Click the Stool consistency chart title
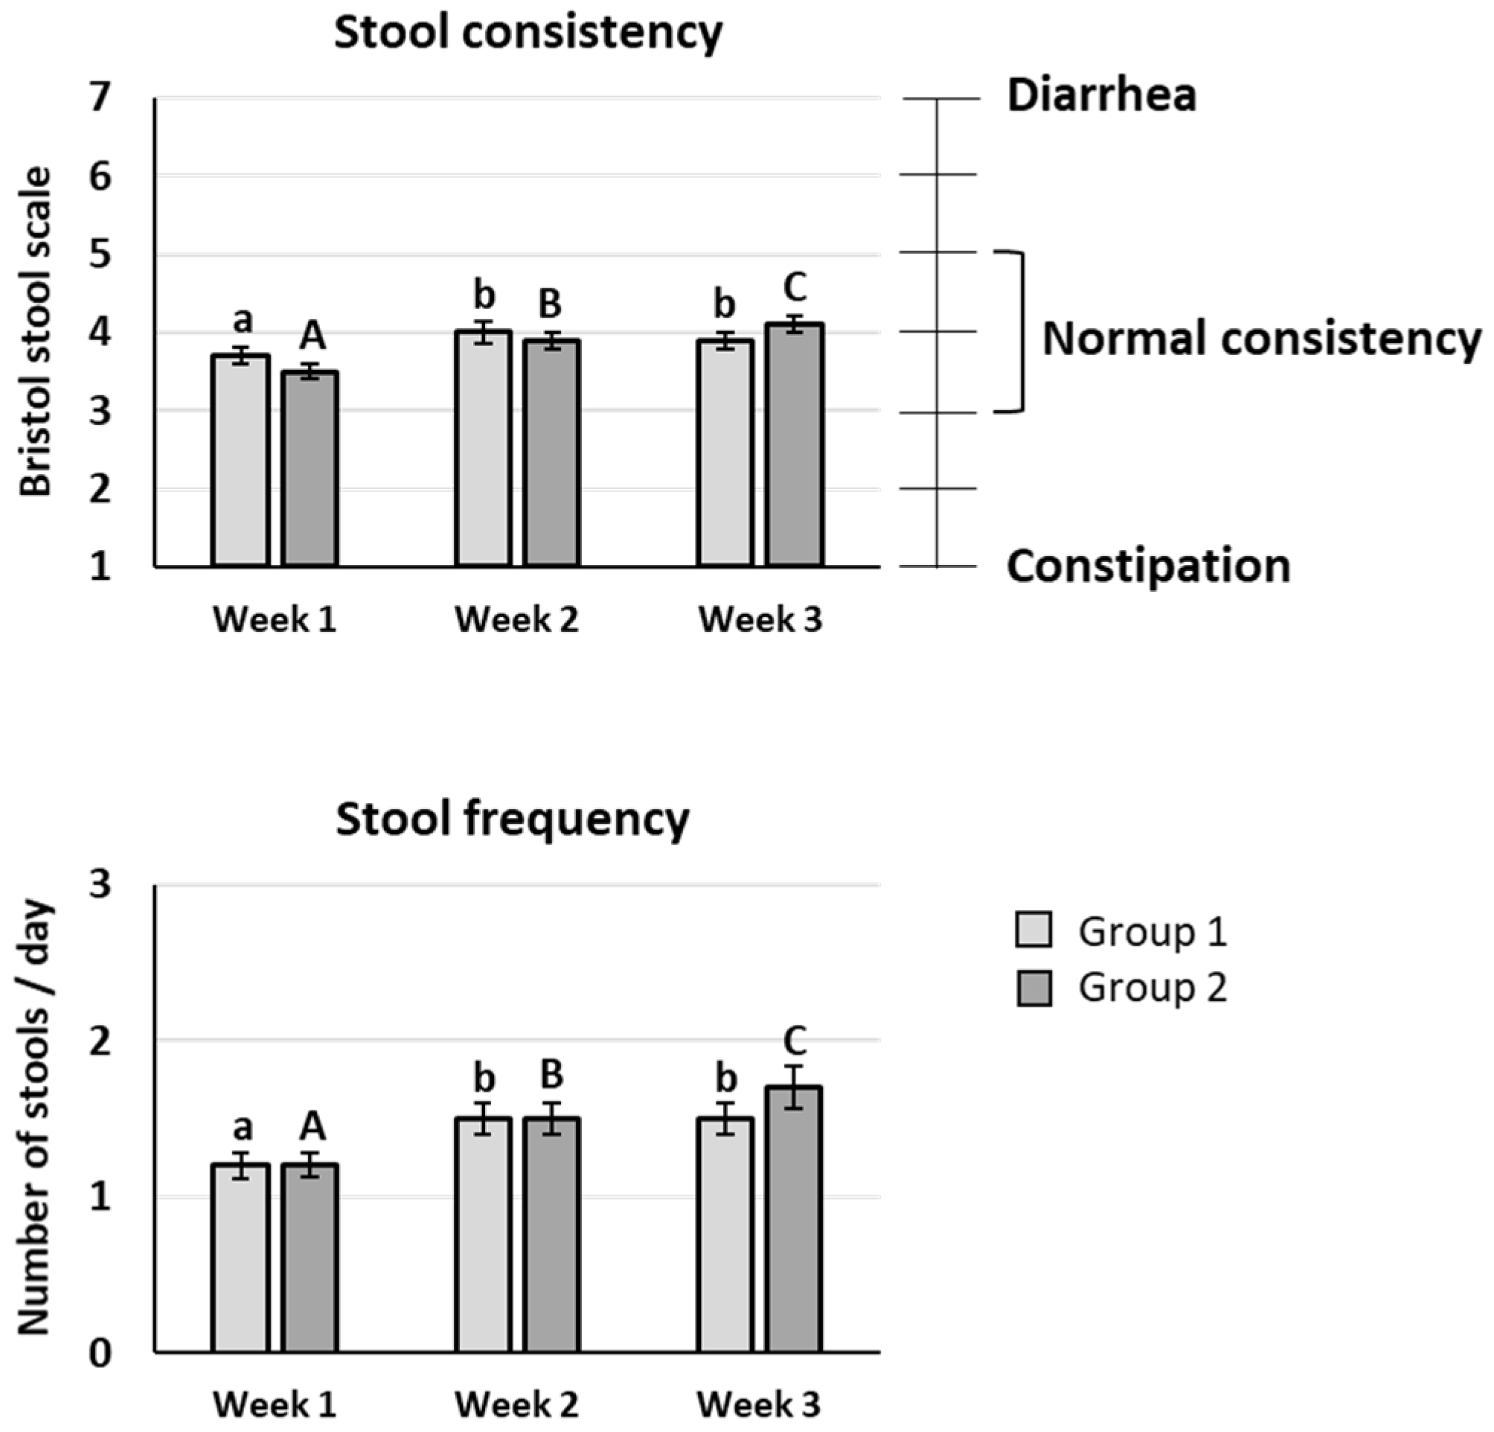click(528, 33)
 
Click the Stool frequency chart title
click(512, 819)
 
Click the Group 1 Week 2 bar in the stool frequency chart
click(484, 1235)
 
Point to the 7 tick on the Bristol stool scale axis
click(100, 98)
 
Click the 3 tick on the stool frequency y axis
click(100, 884)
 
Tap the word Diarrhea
click(1101, 97)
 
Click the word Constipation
click(1148, 567)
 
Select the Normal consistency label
click(1261, 339)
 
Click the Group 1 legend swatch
click(1033, 930)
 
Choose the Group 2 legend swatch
click(1033, 988)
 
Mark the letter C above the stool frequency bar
click(795, 1039)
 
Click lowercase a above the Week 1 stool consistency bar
click(243, 321)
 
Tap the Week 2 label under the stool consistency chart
click(517, 620)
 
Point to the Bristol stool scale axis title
click(35, 332)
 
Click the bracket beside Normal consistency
click(1019, 332)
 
